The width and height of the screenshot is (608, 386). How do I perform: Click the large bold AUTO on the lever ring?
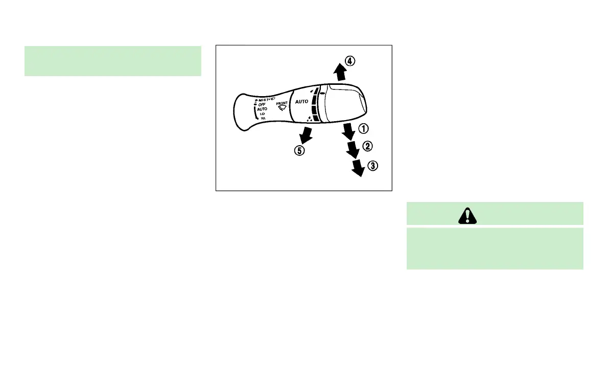pos(302,102)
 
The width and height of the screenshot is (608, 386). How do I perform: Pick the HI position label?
pos(263,118)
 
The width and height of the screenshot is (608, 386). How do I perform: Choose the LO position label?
pos(263,113)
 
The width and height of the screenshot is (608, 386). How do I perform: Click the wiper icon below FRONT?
pos(282,108)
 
